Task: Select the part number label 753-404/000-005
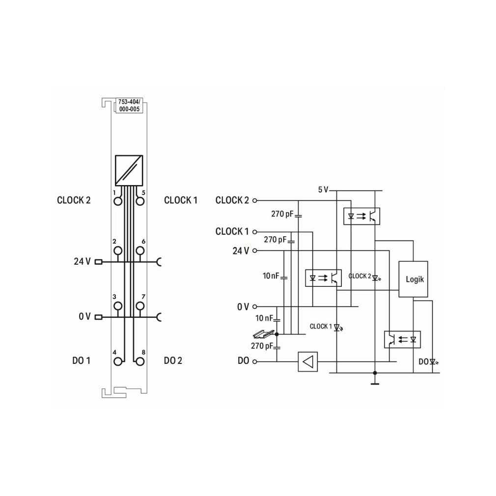(x=129, y=105)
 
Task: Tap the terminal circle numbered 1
(x=118, y=201)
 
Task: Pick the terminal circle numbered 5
(x=140, y=201)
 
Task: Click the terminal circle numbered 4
(x=118, y=361)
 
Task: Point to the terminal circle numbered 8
(x=140, y=361)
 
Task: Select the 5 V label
(x=323, y=190)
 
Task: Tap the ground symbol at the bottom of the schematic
(x=375, y=384)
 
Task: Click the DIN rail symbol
(x=263, y=333)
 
